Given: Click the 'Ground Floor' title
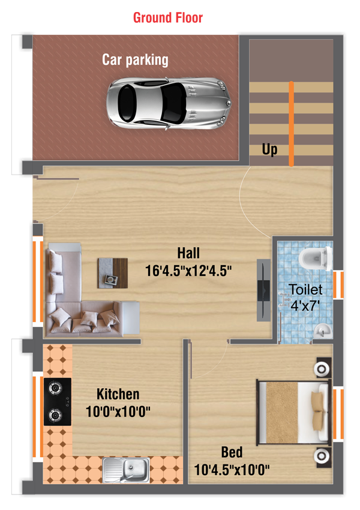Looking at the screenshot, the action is tap(168, 17).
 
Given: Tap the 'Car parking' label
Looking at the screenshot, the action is tap(135, 60).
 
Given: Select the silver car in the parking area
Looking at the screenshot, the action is tap(169, 103).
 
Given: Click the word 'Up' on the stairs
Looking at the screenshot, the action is tap(269, 149).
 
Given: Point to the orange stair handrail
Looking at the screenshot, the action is tap(292, 124).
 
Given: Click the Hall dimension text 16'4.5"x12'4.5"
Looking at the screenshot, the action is tap(188, 271).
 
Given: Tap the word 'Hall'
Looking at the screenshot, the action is tap(188, 253).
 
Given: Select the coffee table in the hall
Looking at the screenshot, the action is tap(113, 273).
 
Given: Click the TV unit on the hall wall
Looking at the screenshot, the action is tap(263, 290).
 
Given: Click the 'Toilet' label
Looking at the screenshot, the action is tap(305, 289).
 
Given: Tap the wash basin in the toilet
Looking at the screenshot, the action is tap(322, 331).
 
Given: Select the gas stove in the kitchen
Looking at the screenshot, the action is tap(58, 401).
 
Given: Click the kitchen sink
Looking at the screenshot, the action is tap(126, 470).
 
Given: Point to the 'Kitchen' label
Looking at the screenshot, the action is tap(118, 394).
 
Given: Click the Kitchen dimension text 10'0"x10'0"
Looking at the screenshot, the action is tap(118, 412).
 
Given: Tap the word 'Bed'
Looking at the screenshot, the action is tap(232, 452).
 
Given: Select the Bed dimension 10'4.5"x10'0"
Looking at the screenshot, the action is tap(232, 470).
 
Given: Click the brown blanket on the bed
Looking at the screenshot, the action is tap(282, 412).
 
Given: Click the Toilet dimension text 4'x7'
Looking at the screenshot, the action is tap(305, 305).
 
